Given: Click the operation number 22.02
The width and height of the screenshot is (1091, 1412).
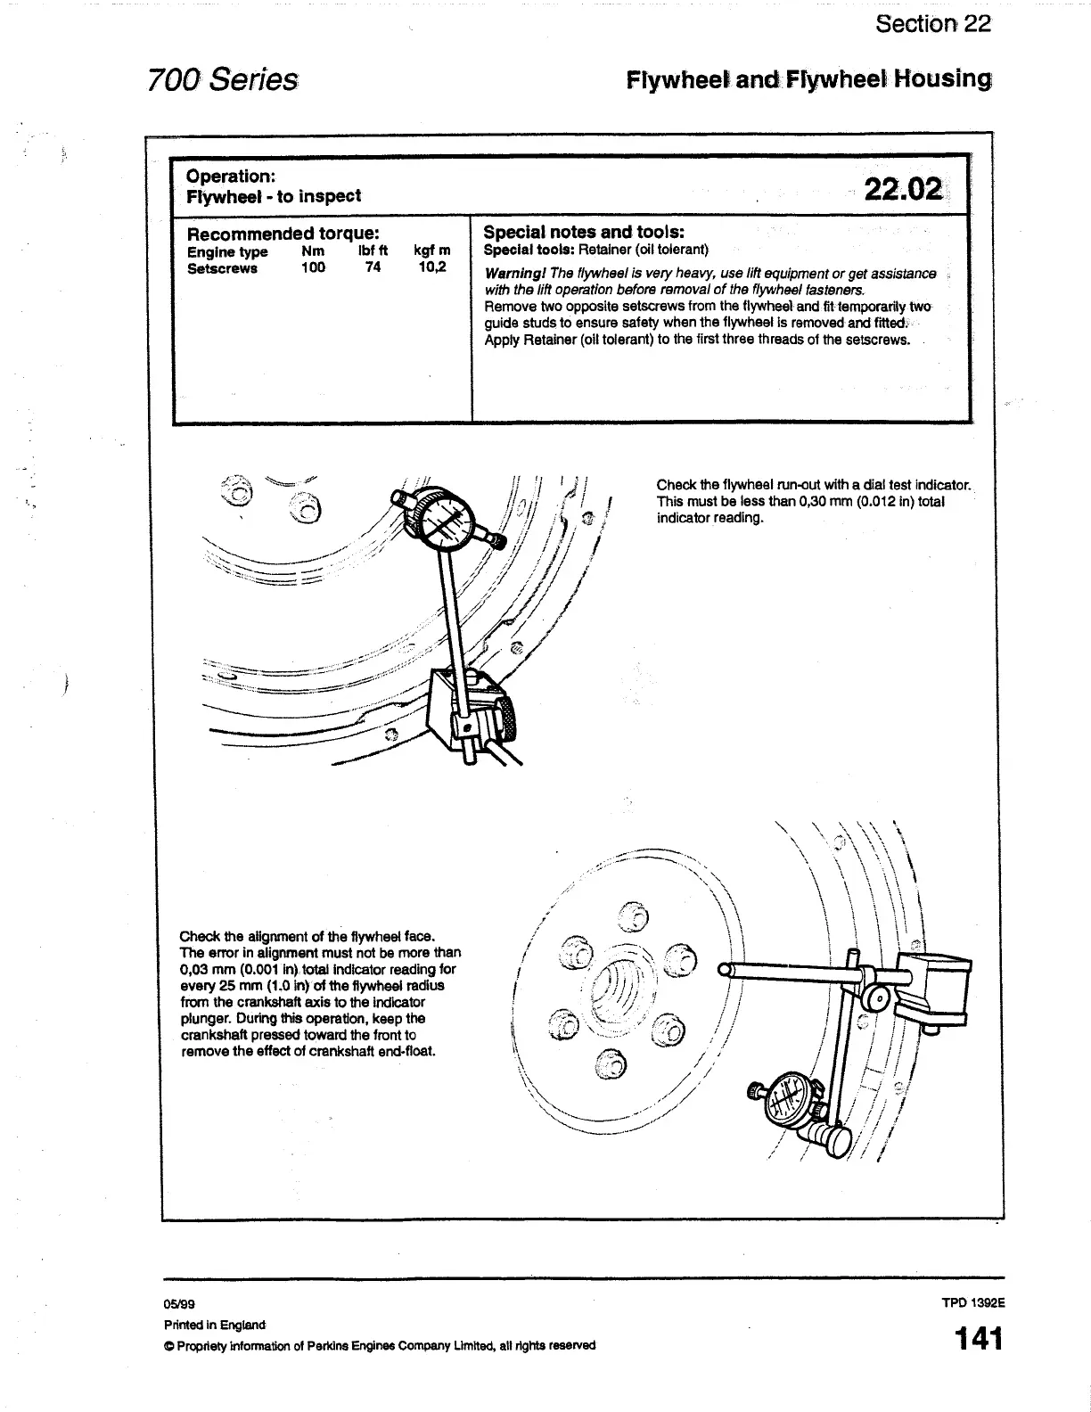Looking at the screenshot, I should [902, 190].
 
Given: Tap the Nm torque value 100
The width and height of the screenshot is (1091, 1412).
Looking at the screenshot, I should [313, 267].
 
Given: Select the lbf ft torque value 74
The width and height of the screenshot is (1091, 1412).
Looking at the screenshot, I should [373, 267].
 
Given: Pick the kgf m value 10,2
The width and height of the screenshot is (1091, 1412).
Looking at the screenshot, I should [432, 267].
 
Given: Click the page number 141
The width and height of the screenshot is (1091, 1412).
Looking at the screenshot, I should [978, 1340].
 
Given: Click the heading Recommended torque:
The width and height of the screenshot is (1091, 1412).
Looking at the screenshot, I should [283, 234].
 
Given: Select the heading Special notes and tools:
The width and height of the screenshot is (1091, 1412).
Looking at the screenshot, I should [583, 232].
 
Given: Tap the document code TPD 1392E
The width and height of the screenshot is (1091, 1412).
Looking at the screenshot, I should [972, 1301].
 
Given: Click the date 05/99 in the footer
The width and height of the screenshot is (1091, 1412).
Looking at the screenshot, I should [176, 1304].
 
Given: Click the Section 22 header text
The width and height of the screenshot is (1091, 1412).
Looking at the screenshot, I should [932, 23].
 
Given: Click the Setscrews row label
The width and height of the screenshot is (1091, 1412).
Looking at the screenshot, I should [222, 268].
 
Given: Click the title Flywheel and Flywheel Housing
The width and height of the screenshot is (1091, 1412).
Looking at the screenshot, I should [808, 79].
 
